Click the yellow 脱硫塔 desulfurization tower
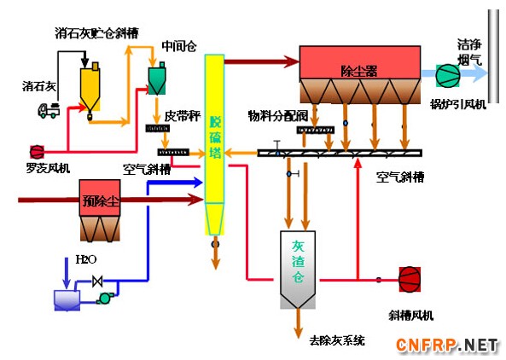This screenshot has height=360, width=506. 214,144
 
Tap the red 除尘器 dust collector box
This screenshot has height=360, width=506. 360,62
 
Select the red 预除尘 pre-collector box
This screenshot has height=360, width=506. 100,198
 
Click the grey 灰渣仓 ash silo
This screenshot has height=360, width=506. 298,270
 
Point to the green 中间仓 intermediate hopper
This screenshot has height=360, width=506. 157,79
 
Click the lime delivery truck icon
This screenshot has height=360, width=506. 49,110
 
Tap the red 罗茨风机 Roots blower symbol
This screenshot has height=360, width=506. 37,152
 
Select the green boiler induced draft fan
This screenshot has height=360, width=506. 448,75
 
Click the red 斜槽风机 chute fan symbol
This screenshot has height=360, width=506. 410,279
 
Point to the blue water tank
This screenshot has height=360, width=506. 67,300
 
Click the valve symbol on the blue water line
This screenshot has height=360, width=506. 97,281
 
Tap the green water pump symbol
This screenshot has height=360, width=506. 105,298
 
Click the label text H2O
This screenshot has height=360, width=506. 86,259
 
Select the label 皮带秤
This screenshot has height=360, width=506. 183,116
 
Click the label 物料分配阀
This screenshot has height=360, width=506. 278,116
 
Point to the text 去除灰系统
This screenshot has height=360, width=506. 337,340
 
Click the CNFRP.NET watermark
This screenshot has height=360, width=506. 447,345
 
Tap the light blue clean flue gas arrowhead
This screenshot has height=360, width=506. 480,73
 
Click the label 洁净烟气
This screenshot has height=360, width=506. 469,53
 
